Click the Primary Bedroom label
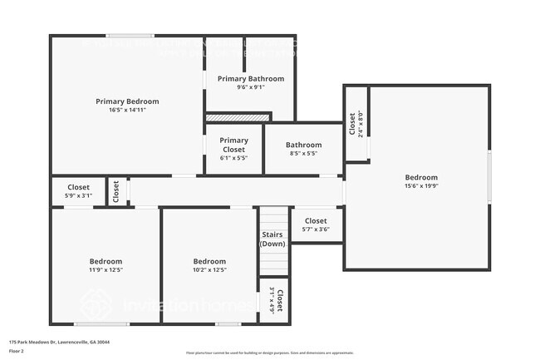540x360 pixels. click(127, 101)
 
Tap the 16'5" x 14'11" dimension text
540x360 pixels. click(127, 110)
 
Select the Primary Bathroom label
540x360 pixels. click(251, 79)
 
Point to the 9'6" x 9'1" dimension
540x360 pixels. click(251, 87)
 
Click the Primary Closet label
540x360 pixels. click(233, 145)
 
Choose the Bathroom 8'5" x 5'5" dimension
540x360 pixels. click(303, 153)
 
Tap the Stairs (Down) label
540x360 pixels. click(272, 239)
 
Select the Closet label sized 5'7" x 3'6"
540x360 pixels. click(316, 220)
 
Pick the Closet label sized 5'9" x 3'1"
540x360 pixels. click(78, 187)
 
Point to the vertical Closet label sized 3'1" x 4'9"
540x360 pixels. click(280, 299)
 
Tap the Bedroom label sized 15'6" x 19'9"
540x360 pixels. click(421, 177)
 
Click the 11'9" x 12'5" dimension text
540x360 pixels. click(106, 269)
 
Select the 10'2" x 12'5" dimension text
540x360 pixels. click(209, 269)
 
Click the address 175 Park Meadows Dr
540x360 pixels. click(59, 342)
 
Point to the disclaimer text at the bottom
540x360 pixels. click(269, 353)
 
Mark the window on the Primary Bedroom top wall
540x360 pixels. click(129, 35)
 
